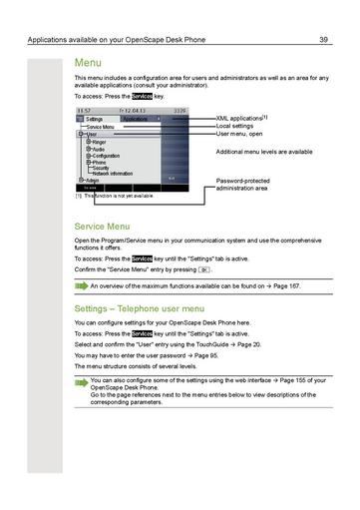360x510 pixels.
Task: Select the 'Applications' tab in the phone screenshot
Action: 136,118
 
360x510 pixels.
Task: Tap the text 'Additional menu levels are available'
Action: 264,152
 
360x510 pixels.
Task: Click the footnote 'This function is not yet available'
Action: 125,196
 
